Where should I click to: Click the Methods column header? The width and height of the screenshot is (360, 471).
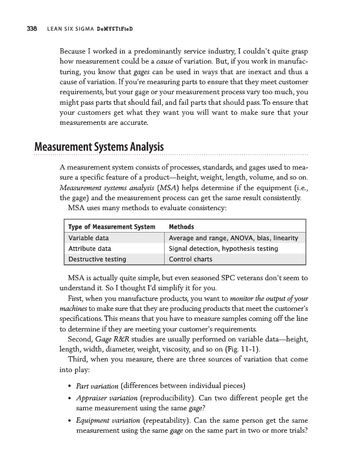[x=182, y=227]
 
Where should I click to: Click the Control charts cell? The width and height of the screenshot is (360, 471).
[x=192, y=258]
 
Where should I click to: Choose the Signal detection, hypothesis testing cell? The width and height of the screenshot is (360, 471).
[x=224, y=248]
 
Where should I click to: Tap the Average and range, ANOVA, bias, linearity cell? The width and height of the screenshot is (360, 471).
[x=234, y=238]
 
